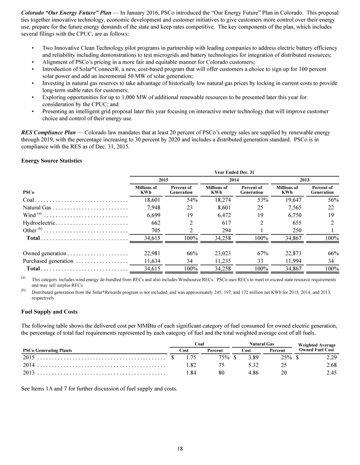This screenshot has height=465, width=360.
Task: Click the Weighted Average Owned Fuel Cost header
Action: click(317, 347)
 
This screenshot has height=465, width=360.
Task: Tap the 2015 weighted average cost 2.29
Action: click(326, 357)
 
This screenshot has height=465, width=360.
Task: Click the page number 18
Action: click(180, 448)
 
